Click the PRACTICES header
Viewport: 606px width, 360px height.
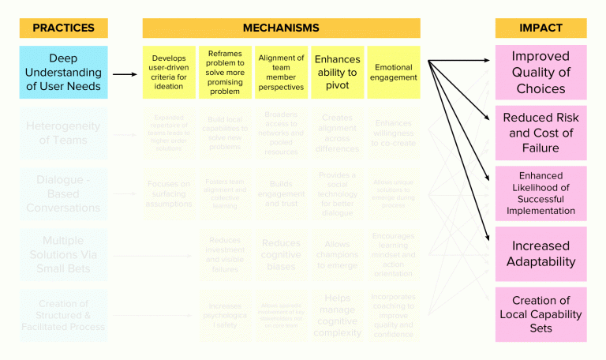click(x=63, y=28)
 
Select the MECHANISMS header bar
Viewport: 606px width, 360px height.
click(x=281, y=28)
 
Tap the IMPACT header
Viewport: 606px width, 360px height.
click(x=541, y=28)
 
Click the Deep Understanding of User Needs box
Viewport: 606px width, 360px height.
click(x=63, y=73)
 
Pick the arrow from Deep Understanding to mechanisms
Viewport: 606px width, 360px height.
click(x=124, y=74)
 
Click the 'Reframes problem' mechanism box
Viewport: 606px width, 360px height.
click(x=225, y=73)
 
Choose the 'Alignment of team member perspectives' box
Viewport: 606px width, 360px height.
click(x=281, y=73)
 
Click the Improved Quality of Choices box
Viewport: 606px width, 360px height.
click(x=541, y=73)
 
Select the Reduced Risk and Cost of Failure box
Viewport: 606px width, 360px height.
click(x=541, y=133)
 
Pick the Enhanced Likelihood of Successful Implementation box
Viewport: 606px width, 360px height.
click(x=541, y=193)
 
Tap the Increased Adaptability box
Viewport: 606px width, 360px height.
click(x=541, y=254)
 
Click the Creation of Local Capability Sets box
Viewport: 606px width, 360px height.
click(x=541, y=314)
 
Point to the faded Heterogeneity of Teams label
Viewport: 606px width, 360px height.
click(x=63, y=133)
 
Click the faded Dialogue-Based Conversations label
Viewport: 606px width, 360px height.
click(x=63, y=193)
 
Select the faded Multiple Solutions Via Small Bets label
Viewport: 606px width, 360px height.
click(x=63, y=254)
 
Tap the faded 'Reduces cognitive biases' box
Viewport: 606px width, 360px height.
click(x=281, y=254)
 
